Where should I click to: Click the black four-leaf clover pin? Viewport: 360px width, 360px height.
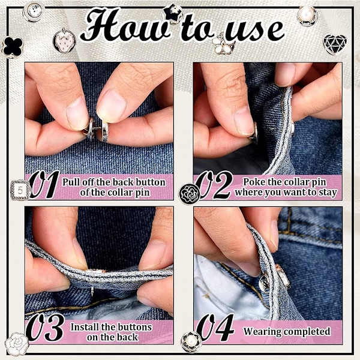13,47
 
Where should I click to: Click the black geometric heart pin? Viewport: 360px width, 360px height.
335,44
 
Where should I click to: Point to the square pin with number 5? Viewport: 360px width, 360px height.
20,190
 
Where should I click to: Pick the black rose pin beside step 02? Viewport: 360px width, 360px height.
190,194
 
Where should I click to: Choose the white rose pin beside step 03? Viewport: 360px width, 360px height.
17,343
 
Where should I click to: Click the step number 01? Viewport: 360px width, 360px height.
44,185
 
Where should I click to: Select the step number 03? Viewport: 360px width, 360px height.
45,328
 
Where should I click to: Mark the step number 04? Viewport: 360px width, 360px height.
215,328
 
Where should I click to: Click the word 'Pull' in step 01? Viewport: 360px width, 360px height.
71,182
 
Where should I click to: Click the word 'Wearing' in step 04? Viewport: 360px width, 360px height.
261,332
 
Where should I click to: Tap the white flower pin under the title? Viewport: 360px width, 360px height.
222,44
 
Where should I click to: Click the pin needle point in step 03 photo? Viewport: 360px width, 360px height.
92,294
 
